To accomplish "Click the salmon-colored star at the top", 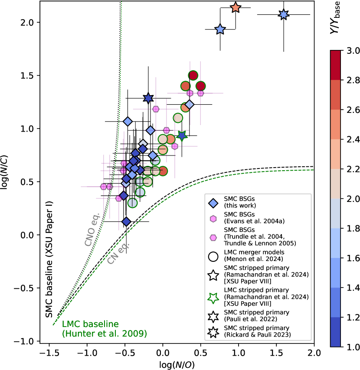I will (x=236, y=7).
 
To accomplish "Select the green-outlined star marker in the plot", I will (x=182, y=135).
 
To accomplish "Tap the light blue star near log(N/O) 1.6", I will (x=284, y=14).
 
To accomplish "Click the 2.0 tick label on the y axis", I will (x=27, y=22).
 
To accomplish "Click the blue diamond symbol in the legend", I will (x=213, y=203).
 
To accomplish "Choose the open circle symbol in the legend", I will (x=213, y=255).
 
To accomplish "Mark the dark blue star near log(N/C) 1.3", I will (x=148, y=98).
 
